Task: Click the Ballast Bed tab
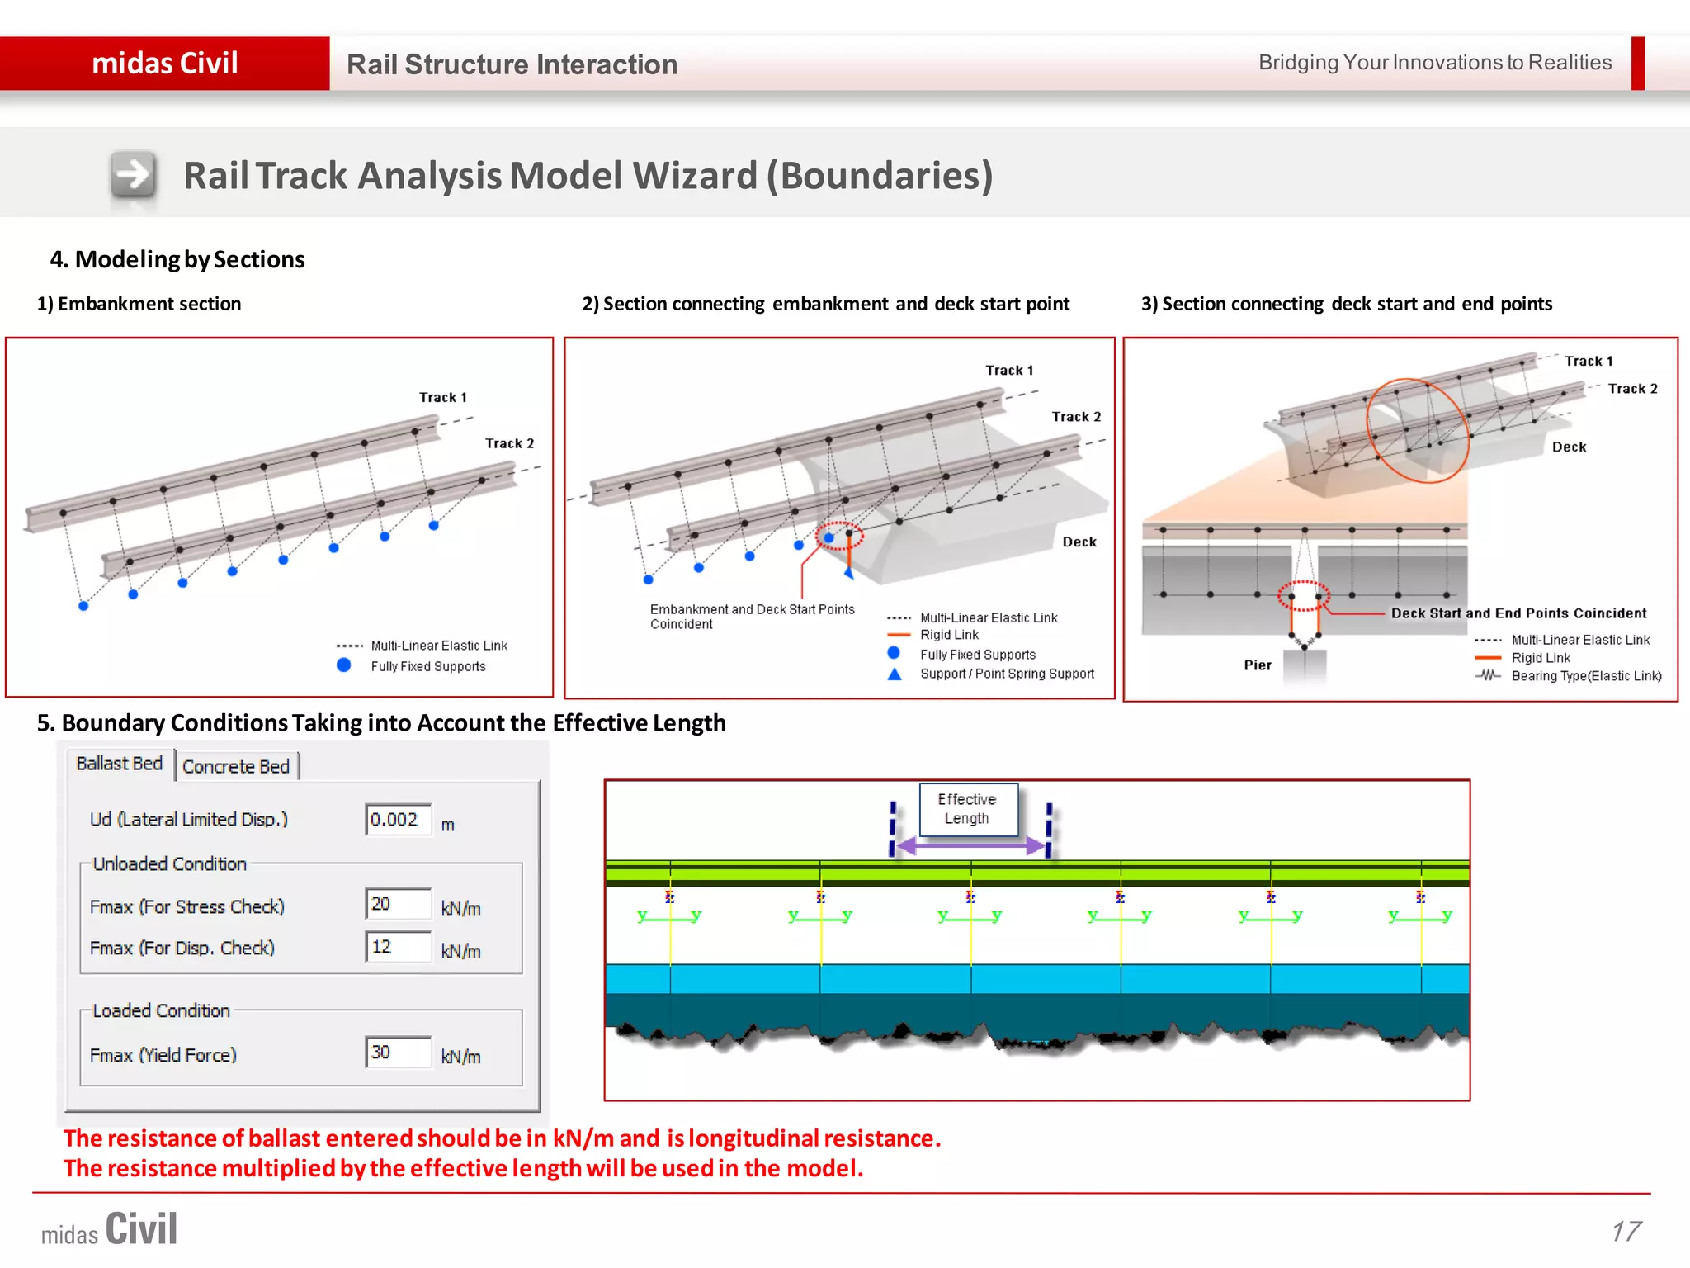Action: tap(119, 764)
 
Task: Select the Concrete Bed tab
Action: tap(236, 767)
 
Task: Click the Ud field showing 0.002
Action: tap(399, 820)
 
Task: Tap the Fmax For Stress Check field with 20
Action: tap(399, 904)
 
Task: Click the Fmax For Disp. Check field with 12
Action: tap(399, 947)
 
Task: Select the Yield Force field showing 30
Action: tap(399, 1053)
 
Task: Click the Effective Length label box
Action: tap(968, 809)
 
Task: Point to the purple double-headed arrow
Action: tap(970, 845)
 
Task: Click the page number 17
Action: tap(1626, 1231)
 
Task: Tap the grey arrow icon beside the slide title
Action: tap(134, 175)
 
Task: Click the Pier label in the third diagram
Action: tap(1258, 665)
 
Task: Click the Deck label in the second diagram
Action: tap(1079, 542)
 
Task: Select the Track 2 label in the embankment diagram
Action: tap(509, 443)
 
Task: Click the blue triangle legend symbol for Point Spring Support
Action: tap(895, 674)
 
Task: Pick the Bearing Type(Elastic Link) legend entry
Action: tap(1585, 676)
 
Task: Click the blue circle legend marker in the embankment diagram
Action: tap(344, 665)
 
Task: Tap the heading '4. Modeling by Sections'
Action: tap(177, 259)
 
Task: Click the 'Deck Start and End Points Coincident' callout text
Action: tap(1518, 613)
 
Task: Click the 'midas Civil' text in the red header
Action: tap(165, 64)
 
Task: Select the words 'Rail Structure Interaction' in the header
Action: tap(512, 64)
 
